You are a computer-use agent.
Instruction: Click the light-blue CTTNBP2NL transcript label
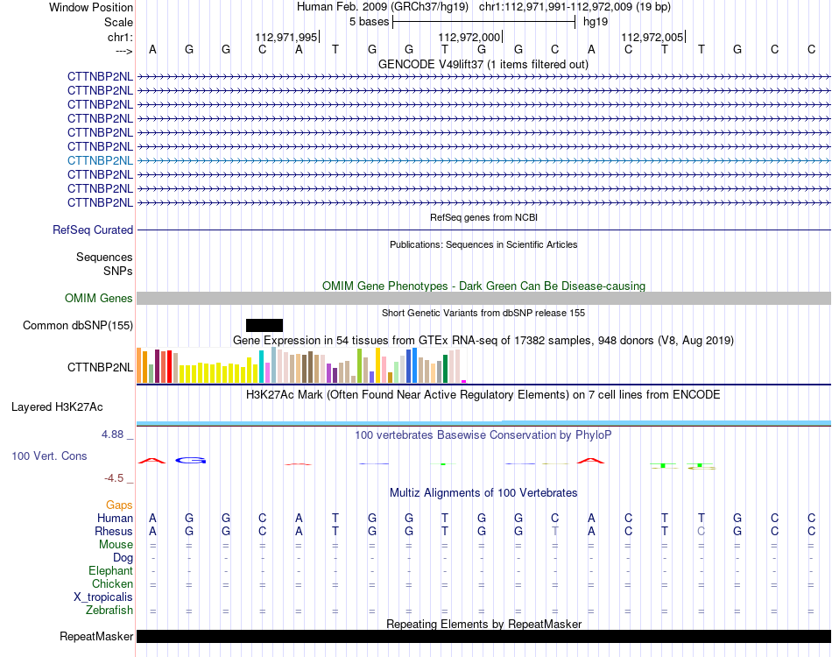pyautogui.click(x=100, y=160)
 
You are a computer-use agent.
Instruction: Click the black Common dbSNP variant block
pyautogui.click(x=264, y=325)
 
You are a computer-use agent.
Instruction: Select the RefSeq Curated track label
pyautogui.click(x=93, y=230)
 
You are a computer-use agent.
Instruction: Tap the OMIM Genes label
pyautogui.click(x=99, y=298)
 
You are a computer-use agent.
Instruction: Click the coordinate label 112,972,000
pyautogui.click(x=469, y=37)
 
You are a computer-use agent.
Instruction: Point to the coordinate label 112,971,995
pyautogui.click(x=286, y=37)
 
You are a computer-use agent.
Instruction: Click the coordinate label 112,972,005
pyautogui.click(x=652, y=37)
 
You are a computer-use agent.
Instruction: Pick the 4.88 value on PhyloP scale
pyautogui.click(x=112, y=434)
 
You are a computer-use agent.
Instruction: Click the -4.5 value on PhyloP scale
pyautogui.click(x=114, y=478)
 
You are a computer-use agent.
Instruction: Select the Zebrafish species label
pyautogui.click(x=109, y=611)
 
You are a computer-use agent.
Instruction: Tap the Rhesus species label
pyautogui.click(x=114, y=531)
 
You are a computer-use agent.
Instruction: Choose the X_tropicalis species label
pyautogui.click(x=103, y=597)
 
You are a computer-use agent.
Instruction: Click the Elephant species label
pyautogui.click(x=111, y=570)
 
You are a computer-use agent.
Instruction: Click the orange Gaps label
pyautogui.click(x=119, y=505)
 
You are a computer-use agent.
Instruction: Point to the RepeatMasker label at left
pyautogui.click(x=96, y=636)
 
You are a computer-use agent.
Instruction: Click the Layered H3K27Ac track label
pyautogui.click(x=57, y=407)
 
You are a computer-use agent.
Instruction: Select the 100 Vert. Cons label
pyautogui.click(x=49, y=456)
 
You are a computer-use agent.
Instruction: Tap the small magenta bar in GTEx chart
pyautogui.click(x=464, y=381)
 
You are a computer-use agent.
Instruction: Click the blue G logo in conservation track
pyautogui.click(x=191, y=460)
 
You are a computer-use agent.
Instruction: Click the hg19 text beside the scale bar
pyautogui.click(x=596, y=22)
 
